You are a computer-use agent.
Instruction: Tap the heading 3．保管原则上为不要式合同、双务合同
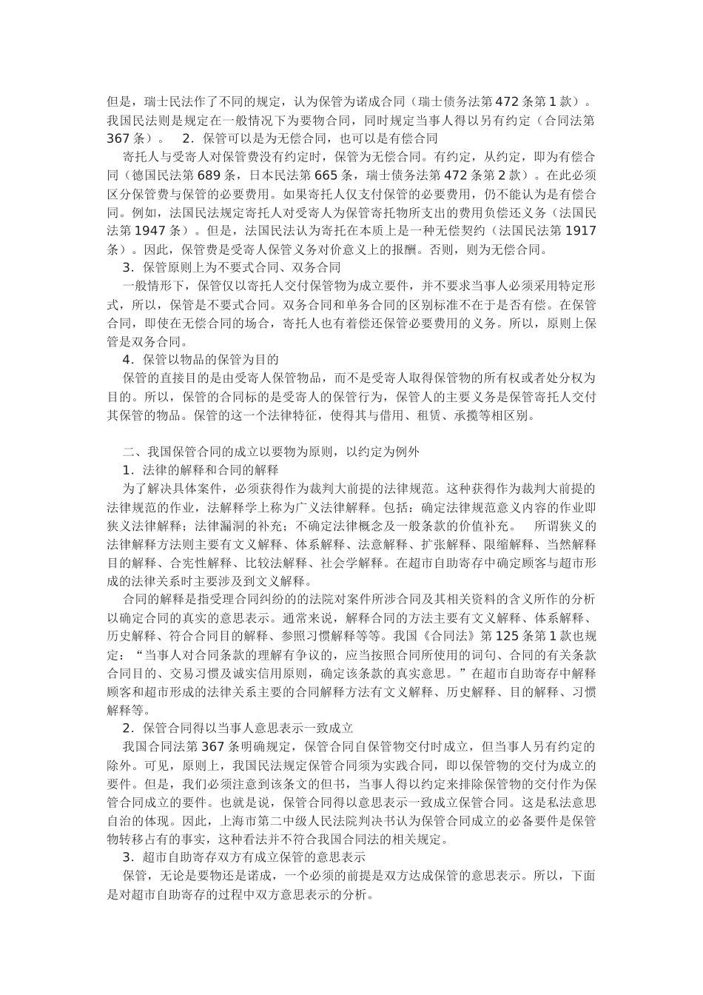pos(231,267)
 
